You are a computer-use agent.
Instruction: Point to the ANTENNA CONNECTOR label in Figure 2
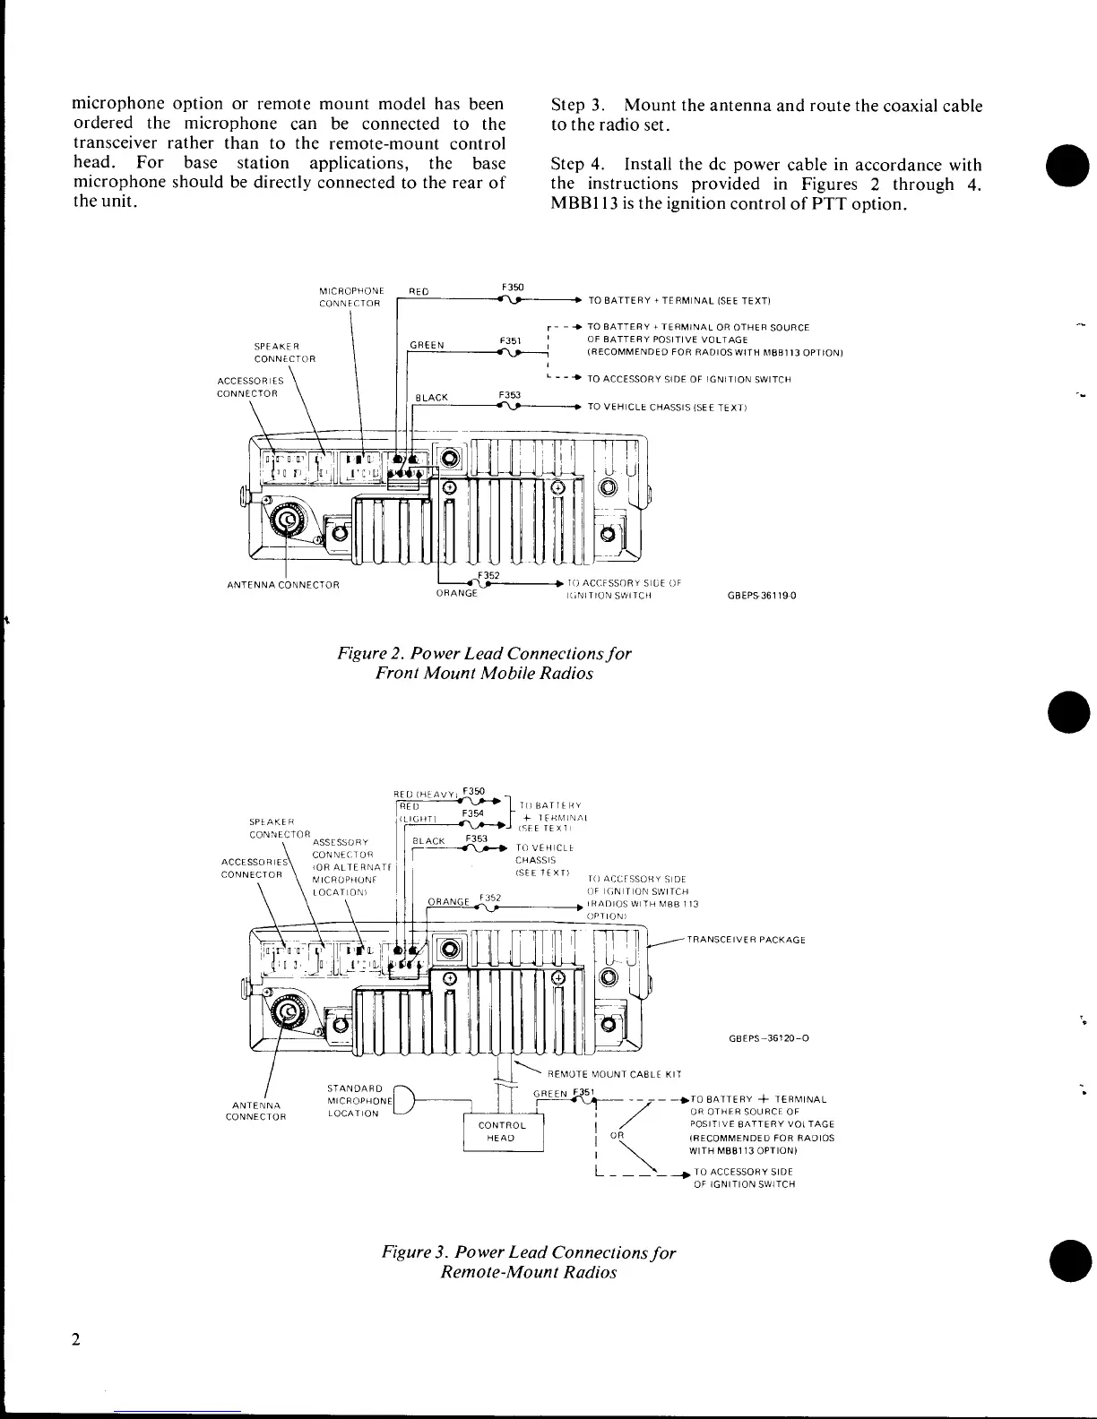[x=282, y=586]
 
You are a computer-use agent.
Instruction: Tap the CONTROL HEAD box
[x=503, y=1131]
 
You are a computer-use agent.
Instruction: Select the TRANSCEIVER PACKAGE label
[x=746, y=940]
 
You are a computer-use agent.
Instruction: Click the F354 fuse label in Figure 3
[x=472, y=813]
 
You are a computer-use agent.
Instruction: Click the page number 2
[x=76, y=1340]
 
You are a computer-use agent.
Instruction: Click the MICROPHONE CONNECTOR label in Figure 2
[x=351, y=297]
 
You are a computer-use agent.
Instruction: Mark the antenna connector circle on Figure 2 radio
[x=288, y=520]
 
